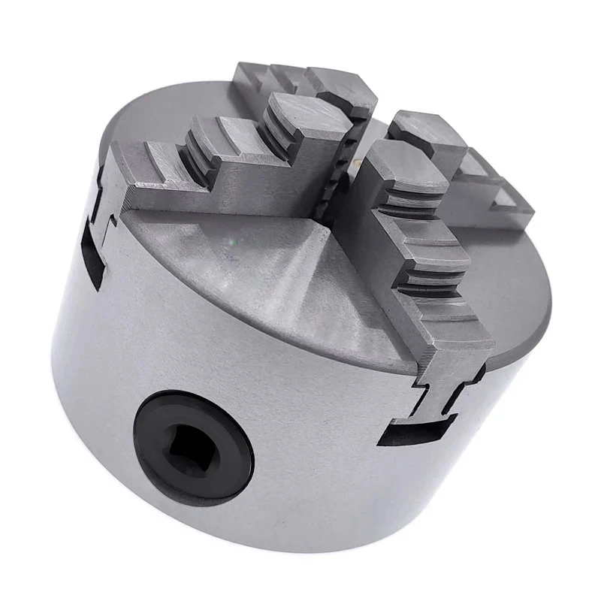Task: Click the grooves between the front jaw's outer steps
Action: (x=421, y=282)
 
